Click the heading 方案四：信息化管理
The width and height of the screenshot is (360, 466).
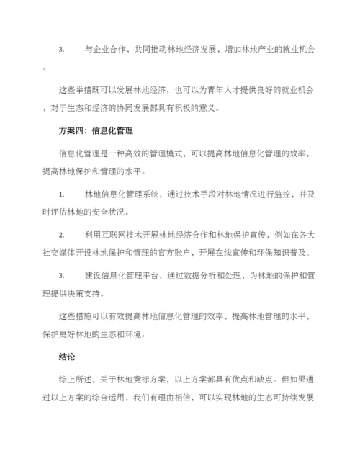pyautogui.click(x=94, y=131)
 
